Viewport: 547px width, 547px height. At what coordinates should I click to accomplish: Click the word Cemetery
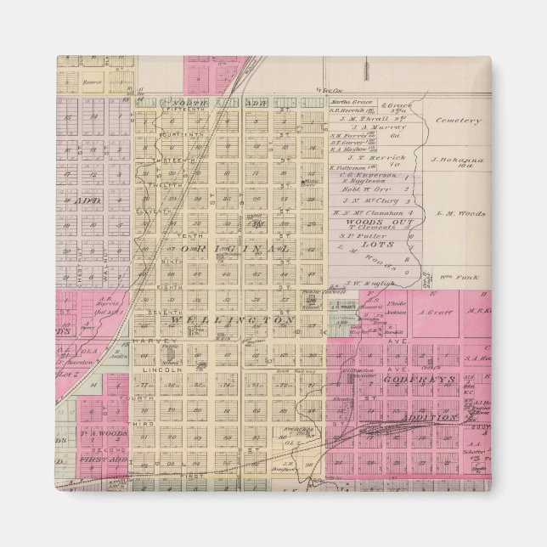(458, 121)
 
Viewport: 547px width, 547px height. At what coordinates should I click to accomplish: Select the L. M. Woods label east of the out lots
(460, 213)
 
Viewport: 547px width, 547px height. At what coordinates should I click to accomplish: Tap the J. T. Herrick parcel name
(369, 156)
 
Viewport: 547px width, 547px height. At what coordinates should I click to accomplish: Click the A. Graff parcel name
(433, 311)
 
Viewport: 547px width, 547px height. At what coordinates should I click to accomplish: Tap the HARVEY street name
(144, 341)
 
